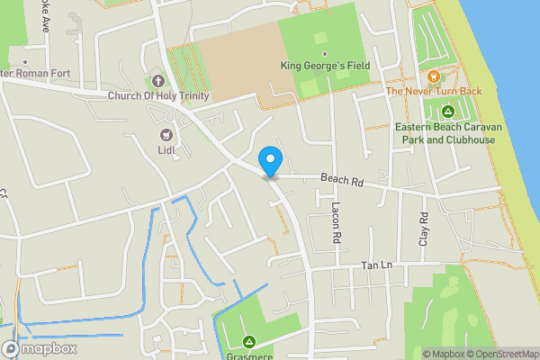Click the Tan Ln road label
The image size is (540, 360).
[375, 265]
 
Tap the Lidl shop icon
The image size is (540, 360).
[165, 135]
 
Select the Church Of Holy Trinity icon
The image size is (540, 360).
[158, 82]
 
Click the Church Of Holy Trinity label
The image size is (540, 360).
[158, 96]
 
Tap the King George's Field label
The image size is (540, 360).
[325, 66]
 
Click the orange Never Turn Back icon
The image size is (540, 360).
[434, 76]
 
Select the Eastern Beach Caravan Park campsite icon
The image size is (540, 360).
[447, 112]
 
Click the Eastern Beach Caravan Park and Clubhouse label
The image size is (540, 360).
[447, 133]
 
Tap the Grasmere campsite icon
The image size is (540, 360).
[249, 341]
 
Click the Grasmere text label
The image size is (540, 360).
[249, 355]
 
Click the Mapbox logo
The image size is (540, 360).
[40, 348]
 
